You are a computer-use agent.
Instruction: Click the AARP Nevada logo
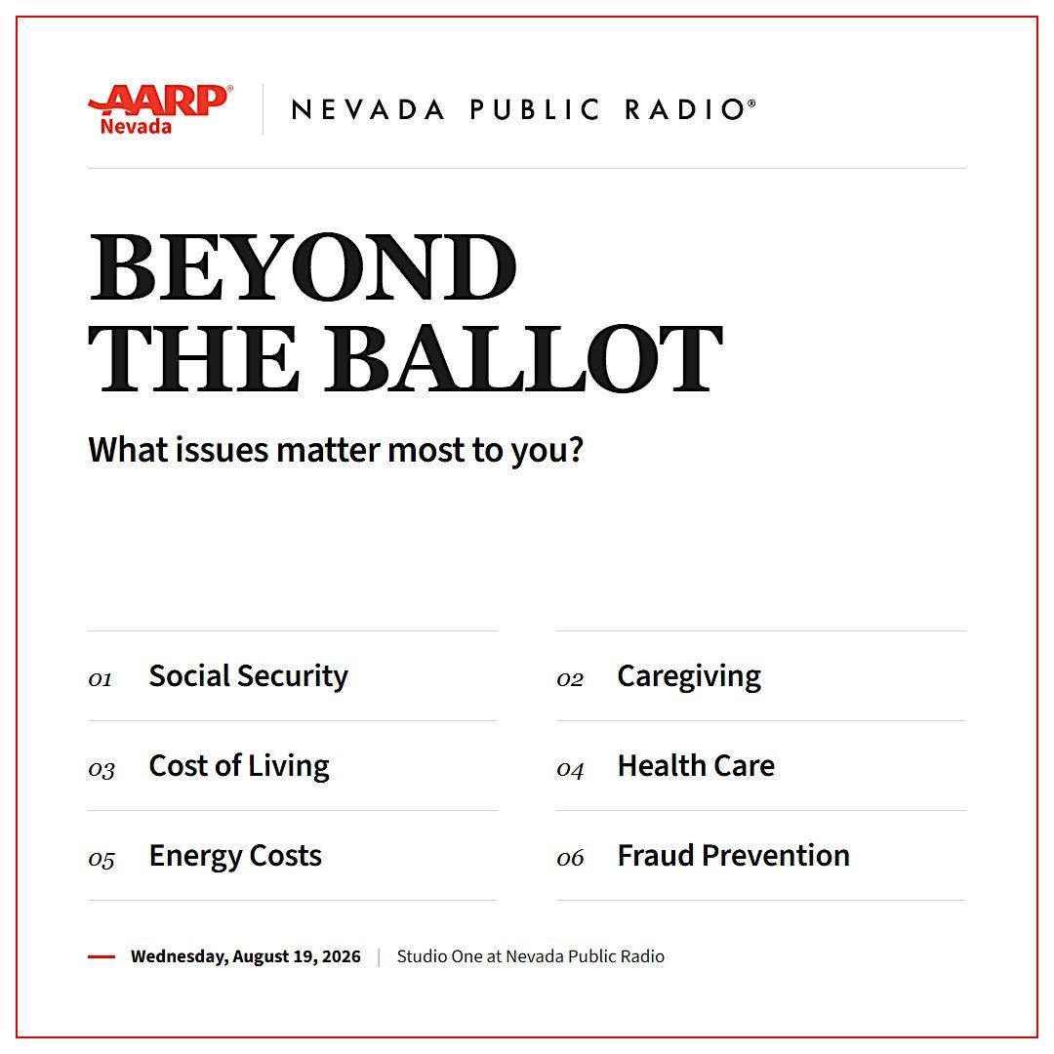point(161,109)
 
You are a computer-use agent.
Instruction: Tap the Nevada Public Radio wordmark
point(524,109)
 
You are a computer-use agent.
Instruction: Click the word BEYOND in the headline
point(304,266)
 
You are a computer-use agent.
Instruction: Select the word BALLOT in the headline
point(524,358)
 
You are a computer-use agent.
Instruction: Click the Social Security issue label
point(249,676)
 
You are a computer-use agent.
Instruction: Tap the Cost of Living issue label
point(239,766)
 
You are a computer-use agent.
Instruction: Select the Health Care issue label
point(696,766)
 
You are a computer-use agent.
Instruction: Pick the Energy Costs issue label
point(235,857)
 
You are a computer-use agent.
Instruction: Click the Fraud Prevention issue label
point(733,856)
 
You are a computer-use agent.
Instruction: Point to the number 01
point(101,679)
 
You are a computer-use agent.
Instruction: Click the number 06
point(570,858)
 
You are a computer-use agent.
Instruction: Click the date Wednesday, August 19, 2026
point(245,956)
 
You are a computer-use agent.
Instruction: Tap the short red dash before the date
point(101,956)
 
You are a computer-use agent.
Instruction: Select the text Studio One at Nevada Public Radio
point(530,956)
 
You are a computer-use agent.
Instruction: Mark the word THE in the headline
point(193,358)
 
